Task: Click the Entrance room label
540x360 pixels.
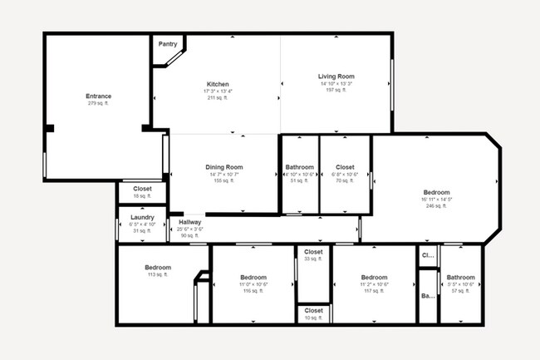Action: pyautogui.click(x=98, y=96)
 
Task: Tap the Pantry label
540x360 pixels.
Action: pyautogui.click(x=168, y=44)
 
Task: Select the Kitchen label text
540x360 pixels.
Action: pyautogui.click(x=218, y=84)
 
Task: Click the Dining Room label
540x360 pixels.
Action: pyautogui.click(x=223, y=167)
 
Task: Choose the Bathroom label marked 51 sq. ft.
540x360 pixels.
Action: pyautogui.click(x=300, y=167)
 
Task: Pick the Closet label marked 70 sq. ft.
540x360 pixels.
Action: pyautogui.click(x=345, y=167)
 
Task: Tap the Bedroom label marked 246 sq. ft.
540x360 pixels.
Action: pyautogui.click(x=436, y=192)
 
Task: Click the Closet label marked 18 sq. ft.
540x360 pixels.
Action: pyautogui.click(x=142, y=189)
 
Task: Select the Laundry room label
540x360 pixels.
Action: pyautogui.click(x=142, y=217)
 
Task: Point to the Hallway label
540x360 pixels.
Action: pyautogui.click(x=190, y=222)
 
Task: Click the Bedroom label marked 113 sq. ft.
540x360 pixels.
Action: pyautogui.click(x=159, y=268)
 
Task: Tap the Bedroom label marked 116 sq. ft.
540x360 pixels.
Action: pyautogui.click(x=253, y=277)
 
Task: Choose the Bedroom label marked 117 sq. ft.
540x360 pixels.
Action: pyautogui.click(x=374, y=277)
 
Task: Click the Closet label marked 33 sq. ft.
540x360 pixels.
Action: pyautogui.click(x=313, y=252)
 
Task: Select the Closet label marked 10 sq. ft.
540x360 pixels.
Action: pyautogui.click(x=313, y=310)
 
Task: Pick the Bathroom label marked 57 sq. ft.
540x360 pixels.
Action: pyautogui.click(x=460, y=277)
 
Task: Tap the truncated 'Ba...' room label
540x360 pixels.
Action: pyautogui.click(x=428, y=296)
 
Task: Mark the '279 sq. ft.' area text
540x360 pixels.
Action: pyautogui.click(x=98, y=104)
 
